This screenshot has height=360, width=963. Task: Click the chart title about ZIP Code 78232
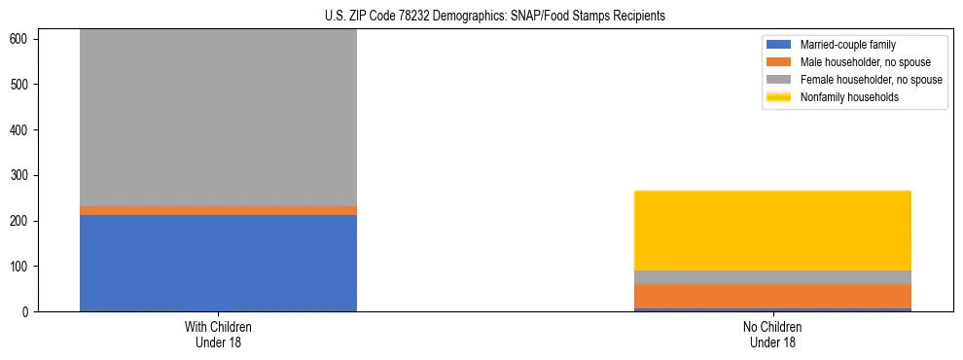coord(495,17)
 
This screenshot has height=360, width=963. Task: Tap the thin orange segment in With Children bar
coord(218,210)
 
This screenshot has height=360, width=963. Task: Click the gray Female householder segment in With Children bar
coord(218,117)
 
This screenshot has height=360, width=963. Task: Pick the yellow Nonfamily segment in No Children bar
coord(772,231)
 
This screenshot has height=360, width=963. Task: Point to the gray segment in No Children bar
coord(772,277)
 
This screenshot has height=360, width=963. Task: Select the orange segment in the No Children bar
coord(772,296)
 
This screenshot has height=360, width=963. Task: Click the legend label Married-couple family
coord(847,45)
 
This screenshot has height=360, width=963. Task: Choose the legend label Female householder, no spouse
coord(871,80)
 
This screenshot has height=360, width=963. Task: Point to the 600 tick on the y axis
coord(21,39)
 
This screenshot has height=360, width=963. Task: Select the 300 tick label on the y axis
coord(21,175)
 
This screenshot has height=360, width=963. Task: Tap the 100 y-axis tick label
coord(21,267)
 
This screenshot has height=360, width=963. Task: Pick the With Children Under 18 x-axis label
coord(218,334)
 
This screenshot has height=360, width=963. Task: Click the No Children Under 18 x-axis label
coord(772,334)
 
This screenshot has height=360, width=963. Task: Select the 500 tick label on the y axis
coord(21,85)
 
